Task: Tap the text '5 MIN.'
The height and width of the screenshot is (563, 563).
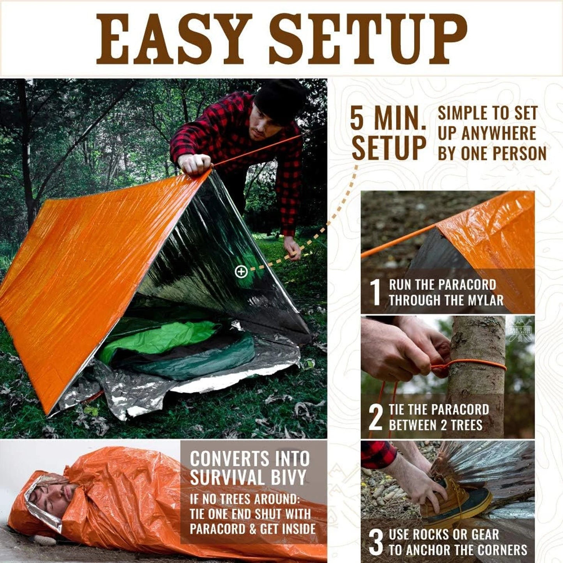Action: pyautogui.click(x=388, y=119)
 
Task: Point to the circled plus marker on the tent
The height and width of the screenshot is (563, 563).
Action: pyautogui.click(x=241, y=272)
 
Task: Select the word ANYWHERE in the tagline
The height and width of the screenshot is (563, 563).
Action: pyautogui.click(x=499, y=133)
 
